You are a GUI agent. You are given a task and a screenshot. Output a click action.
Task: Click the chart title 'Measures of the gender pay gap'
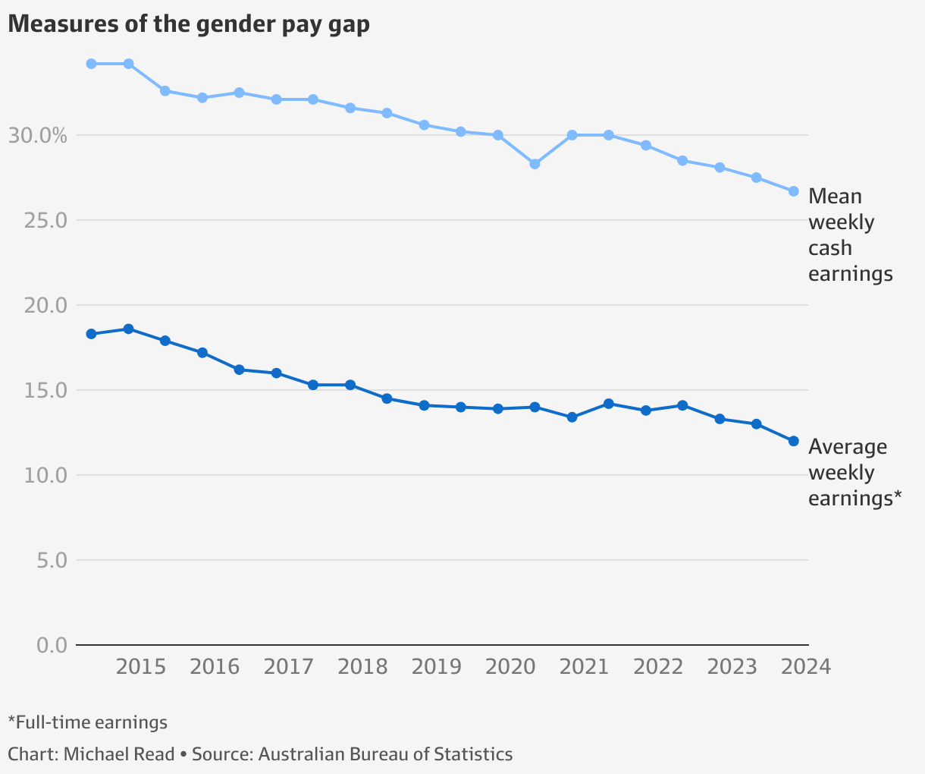tap(189, 24)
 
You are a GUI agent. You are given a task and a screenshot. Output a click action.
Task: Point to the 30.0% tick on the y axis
tap(37, 136)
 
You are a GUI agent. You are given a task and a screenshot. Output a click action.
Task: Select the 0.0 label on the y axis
tap(52, 646)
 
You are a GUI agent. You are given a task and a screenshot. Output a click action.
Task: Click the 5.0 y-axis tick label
tap(52, 561)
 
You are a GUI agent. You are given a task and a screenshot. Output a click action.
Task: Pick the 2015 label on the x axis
tap(141, 667)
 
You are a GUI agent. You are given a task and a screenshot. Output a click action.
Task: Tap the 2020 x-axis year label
tap(510, 667)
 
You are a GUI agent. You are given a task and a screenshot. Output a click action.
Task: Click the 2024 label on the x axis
tap(806, 667)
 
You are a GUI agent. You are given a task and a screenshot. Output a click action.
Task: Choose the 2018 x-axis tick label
tap(362, 667)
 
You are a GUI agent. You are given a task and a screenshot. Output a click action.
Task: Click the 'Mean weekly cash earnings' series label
tap(849, 234)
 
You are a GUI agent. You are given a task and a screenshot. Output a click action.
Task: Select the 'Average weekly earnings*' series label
tap(854, 472)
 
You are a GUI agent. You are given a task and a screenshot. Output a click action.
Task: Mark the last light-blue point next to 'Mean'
tap(793, 191)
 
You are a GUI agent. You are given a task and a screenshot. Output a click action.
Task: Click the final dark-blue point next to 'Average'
tap(793, 441)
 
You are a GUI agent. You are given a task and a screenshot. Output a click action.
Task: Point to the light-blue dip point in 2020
tap(535, 164)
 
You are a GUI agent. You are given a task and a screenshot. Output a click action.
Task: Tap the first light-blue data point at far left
tap(91, 64)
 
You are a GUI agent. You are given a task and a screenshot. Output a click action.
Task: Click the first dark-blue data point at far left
tap(91, 334)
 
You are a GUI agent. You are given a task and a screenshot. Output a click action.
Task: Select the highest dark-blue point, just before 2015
tap(128, 329)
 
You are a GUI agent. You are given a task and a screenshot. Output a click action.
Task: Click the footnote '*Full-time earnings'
tap(87, 722)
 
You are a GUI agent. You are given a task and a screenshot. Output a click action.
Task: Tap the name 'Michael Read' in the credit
tap(118, 754)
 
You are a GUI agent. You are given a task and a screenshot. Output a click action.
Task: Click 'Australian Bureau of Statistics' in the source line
tap(385, 754)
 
